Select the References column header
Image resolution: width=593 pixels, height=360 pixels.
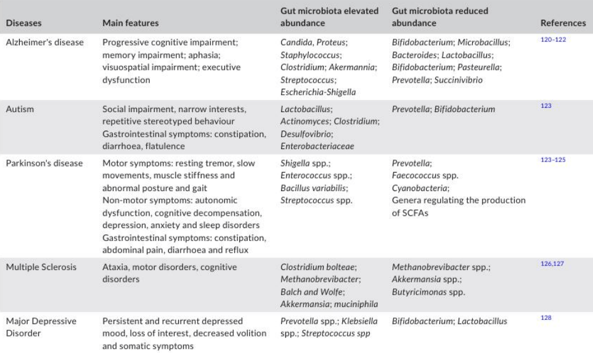click(562, 23)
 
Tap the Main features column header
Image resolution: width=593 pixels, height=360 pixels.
click(131, 23)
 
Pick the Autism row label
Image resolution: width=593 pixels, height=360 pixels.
click(19, 107)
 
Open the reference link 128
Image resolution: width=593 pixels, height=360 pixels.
click(545, 317)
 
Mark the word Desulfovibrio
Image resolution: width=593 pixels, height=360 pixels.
click(298, 130)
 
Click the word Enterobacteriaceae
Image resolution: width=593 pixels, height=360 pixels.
click(308, 141)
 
